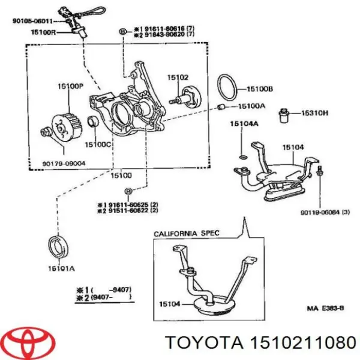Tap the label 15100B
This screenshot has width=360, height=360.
coord(258,89)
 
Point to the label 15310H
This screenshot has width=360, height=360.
coord(315,112)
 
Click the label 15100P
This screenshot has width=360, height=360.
coord(71,86)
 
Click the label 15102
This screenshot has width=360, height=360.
coord(178,77)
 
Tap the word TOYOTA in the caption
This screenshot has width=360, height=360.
coord(203,343)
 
